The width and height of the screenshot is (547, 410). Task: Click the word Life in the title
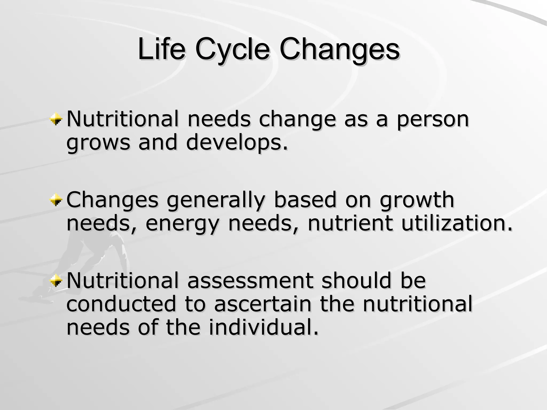click(x=161, y=50)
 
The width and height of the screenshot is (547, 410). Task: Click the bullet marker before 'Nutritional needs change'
click(x=56, y=119)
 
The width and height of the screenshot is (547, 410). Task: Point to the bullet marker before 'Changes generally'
click(x=56, y=200)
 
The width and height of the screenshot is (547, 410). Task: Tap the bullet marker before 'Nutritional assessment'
click(x=56, y=281)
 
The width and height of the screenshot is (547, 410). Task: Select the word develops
click(x=237, y=143)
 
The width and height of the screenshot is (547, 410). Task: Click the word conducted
click(x=121, y=304)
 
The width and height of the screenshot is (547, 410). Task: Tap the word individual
click(x=263, y=327)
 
